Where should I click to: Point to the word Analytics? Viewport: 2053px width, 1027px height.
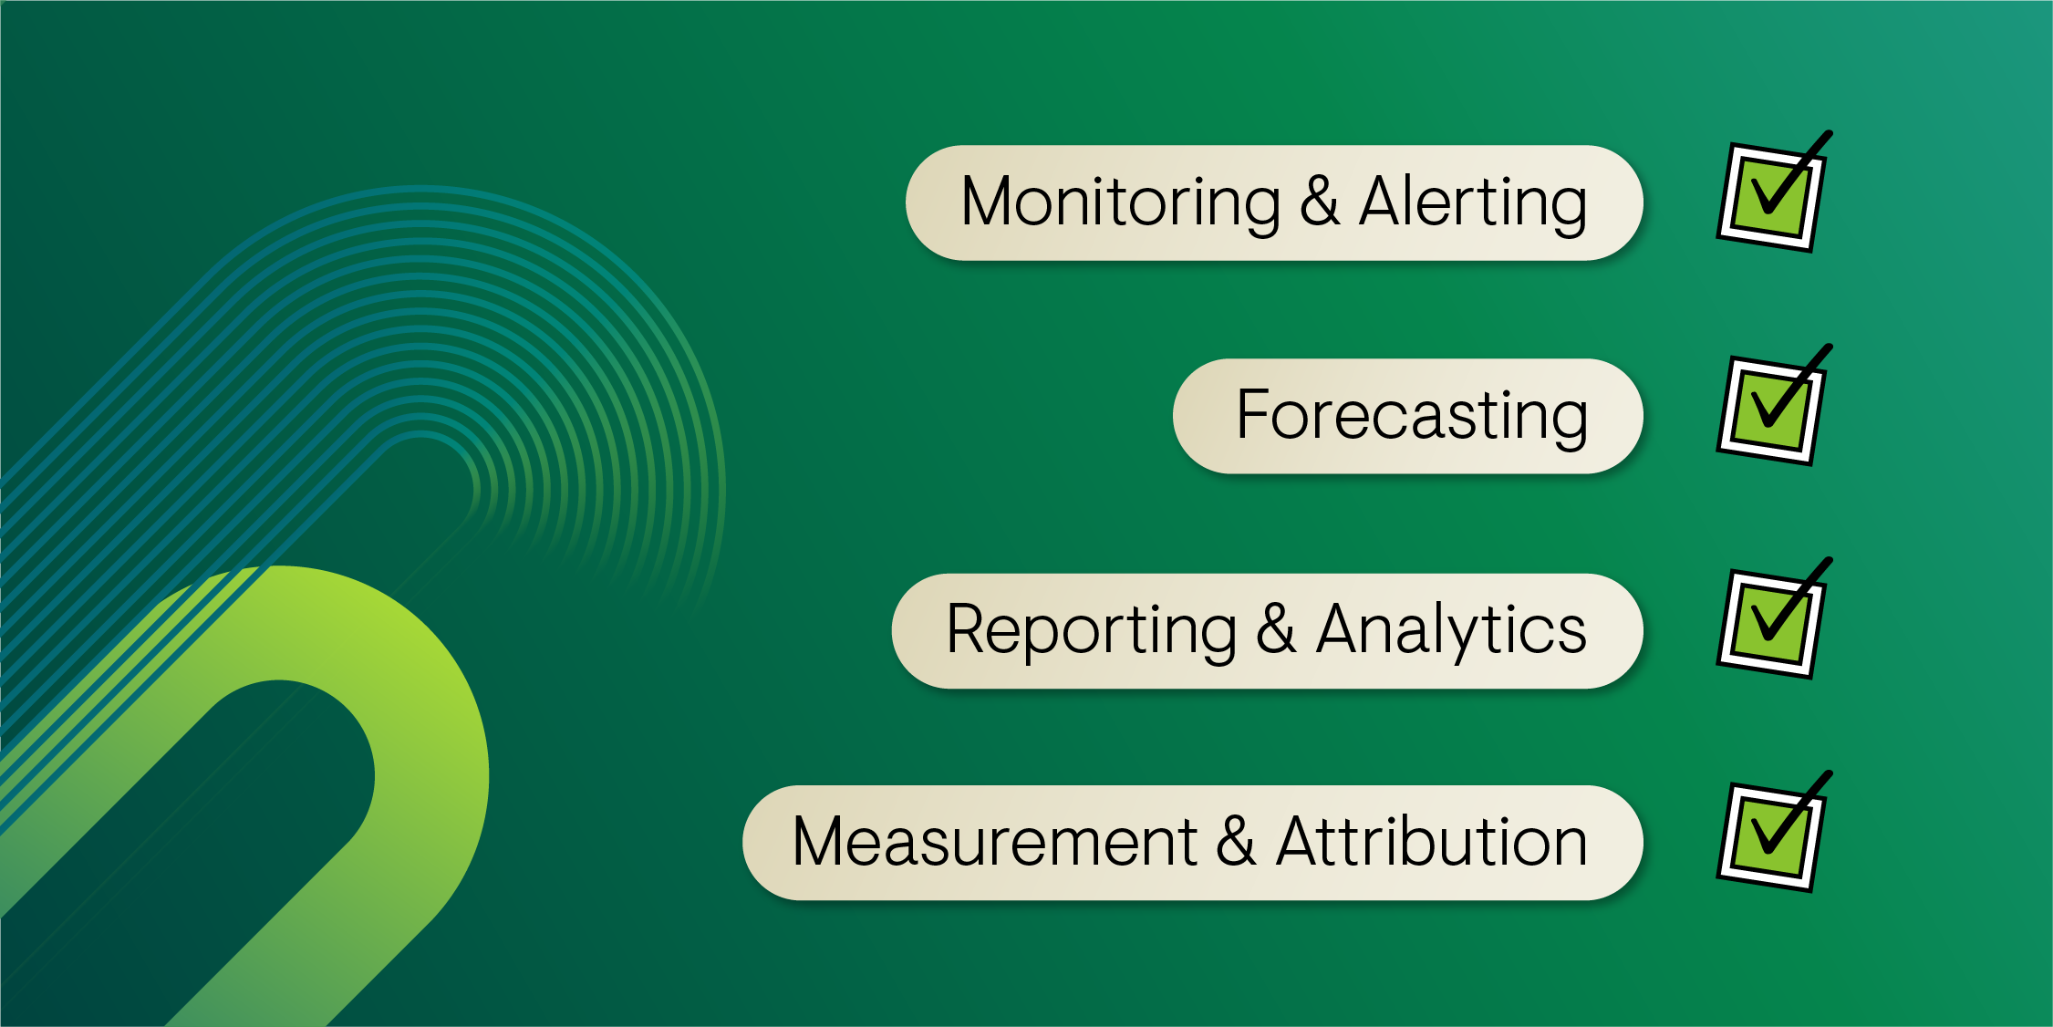click(x=1451, y=632)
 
